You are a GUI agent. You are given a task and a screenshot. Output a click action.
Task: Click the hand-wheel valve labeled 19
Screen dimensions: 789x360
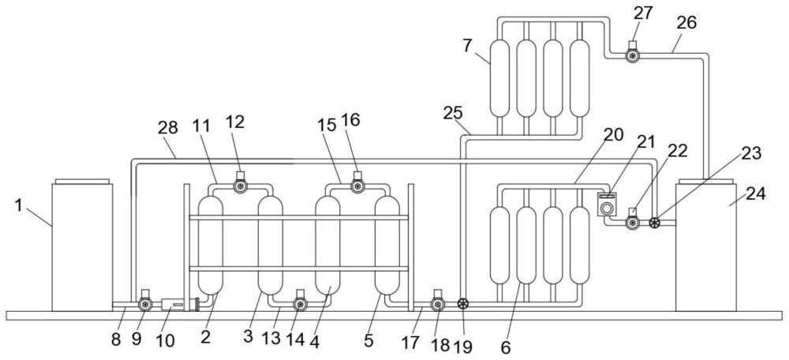pyautogui.click(x=463, y=304)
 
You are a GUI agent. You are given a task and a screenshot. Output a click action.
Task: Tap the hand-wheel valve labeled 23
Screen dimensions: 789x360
pyautogui.click(x=654, y=222)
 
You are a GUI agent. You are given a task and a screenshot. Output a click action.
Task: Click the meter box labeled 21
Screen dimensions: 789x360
pyautogui.click(x=606, y=204)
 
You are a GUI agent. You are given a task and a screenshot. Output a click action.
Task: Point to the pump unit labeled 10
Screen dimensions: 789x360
pyautogui.click(x=173, y=304)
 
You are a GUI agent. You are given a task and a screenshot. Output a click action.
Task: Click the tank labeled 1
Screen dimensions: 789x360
pyautogui.click(x=82, y=245)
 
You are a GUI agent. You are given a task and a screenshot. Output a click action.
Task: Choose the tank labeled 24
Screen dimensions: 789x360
pyautogui.click(x=706, y=245)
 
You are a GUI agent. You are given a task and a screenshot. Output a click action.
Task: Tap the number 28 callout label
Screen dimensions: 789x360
pyautogui.click(x=167, y=128)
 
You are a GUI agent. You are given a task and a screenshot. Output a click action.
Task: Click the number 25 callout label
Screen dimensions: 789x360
pyautogui.click(x=453, y=113)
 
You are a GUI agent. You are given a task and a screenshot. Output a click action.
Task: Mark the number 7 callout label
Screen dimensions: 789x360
pyautogui.click(x=467, y=46)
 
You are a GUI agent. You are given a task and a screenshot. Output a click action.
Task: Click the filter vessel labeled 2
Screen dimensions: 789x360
pyautogui.click(x=211, y=245)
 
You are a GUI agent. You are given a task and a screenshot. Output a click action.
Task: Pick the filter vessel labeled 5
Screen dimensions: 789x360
pyautogui.click(x=387, y=245)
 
